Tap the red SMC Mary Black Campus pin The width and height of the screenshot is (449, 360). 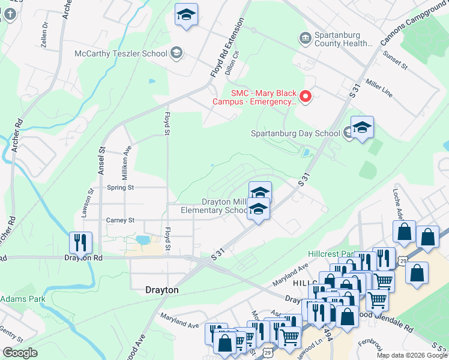[x=306, y=97]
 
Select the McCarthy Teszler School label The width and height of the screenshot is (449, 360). [x=121, y=54]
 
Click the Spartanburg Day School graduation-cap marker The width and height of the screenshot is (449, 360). [x=362, y=128]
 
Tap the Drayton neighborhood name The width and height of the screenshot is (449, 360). [x=162, y=290]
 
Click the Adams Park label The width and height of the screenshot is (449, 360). [x=23, y=298]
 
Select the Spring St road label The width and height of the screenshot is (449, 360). [x=121, y=187]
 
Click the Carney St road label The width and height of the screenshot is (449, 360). [x=120, y=220]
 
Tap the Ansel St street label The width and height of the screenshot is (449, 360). [x=102, y=161]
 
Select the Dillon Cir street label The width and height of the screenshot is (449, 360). [x=232, y=61]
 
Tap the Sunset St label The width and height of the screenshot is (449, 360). [x=397, y=60]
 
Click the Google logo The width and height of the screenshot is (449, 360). [x=19, y=353]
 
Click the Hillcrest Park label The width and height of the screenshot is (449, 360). [x=328, y=254]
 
